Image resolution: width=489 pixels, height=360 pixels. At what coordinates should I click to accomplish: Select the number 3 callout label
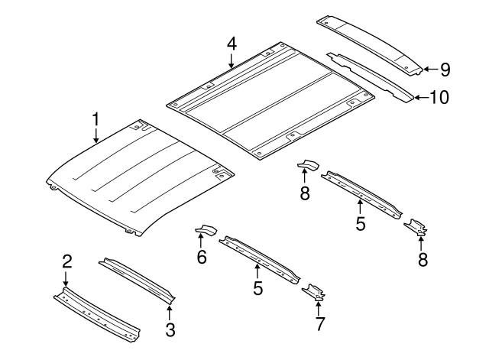point(170,329)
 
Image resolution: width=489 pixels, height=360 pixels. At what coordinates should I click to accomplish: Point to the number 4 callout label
point(232,43)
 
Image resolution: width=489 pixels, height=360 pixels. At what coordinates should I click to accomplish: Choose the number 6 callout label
point(202,258)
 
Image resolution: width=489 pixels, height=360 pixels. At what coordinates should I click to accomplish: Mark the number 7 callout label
point(319,323)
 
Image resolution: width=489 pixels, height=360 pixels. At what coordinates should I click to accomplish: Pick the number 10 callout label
point(439,97)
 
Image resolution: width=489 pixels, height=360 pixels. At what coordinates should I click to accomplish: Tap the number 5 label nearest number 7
point(257,287)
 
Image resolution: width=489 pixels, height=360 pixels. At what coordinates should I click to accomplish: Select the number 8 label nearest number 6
point(304,194)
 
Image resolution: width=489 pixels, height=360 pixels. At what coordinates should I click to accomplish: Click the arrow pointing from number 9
point(429,70)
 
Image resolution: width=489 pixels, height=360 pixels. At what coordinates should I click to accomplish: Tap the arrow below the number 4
point(232,61)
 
